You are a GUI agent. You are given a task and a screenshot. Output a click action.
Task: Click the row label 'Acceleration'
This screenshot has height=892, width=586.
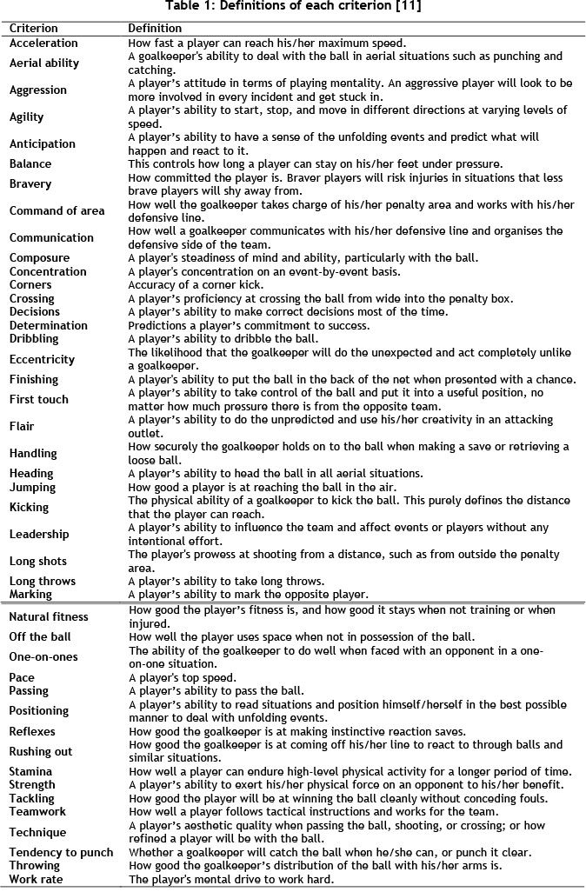point(43,43)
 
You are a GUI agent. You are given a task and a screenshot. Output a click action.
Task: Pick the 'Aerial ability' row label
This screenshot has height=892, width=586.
point(44,63)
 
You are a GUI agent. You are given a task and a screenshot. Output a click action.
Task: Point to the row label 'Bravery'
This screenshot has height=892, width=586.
point(30,183)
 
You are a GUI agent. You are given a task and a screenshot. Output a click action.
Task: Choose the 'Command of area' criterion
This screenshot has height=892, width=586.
point(57,210)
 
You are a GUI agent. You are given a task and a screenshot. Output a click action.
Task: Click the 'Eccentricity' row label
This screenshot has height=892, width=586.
point(42,359)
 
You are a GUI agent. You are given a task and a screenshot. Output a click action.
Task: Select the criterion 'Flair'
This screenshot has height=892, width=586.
point(23,426)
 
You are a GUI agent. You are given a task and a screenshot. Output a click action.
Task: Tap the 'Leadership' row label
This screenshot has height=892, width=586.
point(38,534)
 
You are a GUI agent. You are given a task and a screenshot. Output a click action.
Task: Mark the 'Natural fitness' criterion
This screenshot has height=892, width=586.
point(49,616)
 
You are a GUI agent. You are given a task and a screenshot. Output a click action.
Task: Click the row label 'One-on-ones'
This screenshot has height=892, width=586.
point(43,657)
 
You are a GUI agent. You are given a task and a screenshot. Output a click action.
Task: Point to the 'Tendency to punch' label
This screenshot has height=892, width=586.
point(61,852)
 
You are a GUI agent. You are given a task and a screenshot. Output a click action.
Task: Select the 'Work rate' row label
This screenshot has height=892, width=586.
point(36,879)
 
